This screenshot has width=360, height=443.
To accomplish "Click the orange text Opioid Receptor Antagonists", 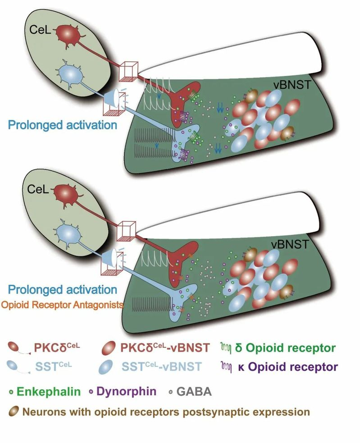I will [x=62, y=305].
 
